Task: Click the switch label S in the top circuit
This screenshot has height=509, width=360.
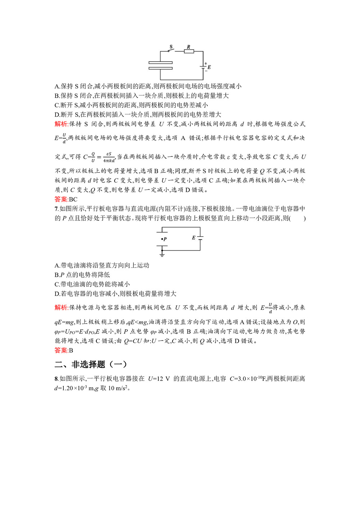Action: click(171, 47)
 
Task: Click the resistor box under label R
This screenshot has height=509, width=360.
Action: click(189, 51)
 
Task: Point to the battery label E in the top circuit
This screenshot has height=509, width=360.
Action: click(209, 67)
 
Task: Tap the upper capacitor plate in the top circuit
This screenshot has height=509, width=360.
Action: click(161, 63)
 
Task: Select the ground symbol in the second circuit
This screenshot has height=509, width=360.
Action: click(162, 254)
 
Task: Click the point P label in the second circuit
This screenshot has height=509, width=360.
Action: click(165, 239)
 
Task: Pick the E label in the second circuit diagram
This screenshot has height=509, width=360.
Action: click(193, 238)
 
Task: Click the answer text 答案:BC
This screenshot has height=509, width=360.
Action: click(66, 199)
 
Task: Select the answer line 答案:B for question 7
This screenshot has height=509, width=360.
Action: click(64, 350)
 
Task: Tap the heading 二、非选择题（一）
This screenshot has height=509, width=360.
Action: click(91, 364)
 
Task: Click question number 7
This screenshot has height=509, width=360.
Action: click(56, 209)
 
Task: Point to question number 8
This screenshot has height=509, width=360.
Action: click(56, 379)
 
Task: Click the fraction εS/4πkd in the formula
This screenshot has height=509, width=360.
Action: click(109, 157)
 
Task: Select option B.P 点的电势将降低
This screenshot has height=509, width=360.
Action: click(82, 275)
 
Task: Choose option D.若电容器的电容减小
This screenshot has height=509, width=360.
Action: click(115, 294)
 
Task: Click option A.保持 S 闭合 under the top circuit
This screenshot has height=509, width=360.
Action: click(148, 86)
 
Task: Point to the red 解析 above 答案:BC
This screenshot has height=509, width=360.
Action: click(61, 124)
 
